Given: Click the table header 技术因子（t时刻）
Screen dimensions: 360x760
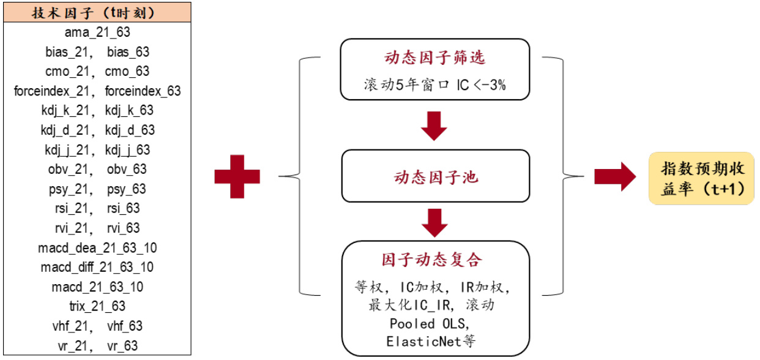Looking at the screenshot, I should (97, 12).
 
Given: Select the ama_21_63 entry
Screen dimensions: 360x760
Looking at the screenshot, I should (97, 32).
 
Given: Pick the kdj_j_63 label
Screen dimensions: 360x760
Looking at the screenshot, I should (127, 150).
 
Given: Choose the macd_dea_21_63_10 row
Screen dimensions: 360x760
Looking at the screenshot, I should (97, 248).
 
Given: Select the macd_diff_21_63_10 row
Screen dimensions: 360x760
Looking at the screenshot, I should (97, 268).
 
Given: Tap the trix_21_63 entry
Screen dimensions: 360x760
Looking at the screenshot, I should (97, 306).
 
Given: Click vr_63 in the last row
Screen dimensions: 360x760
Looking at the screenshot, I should (122, 345).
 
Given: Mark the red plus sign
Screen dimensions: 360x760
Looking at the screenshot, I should (237, 177).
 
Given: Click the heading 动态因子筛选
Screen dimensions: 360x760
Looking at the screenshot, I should (434, 58).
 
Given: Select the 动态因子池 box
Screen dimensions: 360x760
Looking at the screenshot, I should (434, 178).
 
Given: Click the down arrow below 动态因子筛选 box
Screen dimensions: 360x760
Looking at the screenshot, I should (434, 126).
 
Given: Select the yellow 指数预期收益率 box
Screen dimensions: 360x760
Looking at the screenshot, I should (701, 178).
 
